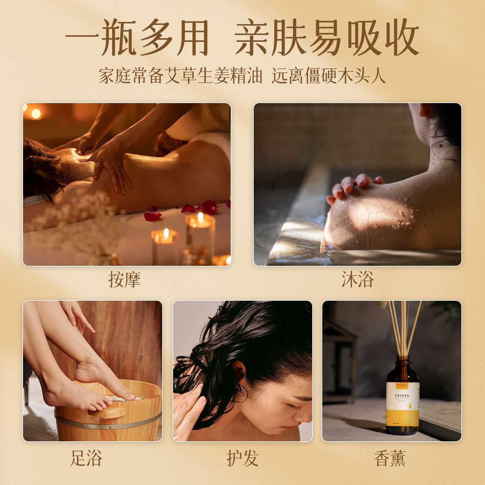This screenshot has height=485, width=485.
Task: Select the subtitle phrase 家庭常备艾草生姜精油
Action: click(180, 75)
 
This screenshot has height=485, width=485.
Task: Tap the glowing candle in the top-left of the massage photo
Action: click(36, 114)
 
